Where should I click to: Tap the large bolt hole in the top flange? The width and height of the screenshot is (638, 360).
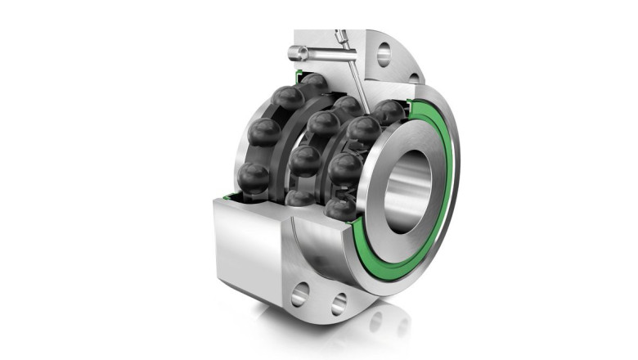pos(383,55)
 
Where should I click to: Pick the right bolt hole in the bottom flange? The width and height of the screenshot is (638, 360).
pos(339,305)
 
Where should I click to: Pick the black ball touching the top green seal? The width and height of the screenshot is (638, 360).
pos(312,84)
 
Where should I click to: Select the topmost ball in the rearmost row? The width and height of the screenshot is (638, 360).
pos(288,98)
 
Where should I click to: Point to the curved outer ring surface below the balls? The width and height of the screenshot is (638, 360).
pos(319,237)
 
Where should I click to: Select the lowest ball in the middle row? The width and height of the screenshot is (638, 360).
pos(300,196)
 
